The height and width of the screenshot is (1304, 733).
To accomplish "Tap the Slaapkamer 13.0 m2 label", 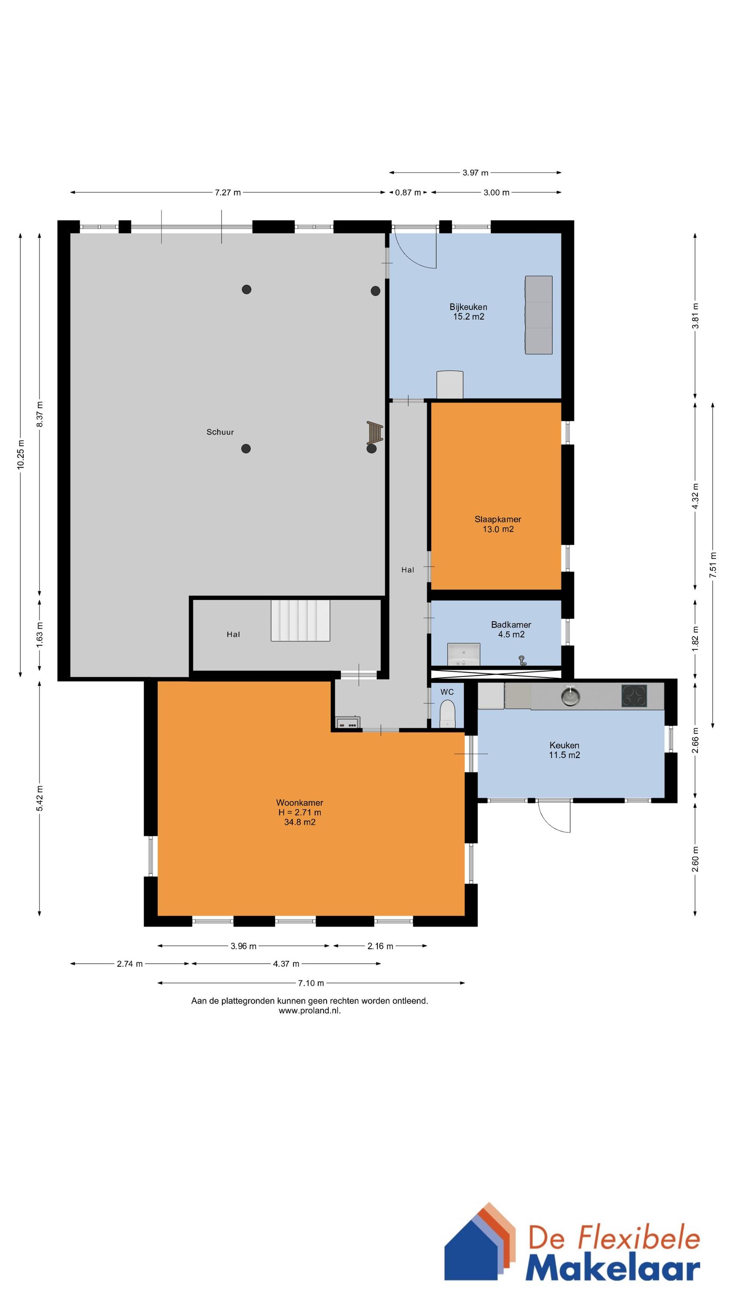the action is pos(498,524).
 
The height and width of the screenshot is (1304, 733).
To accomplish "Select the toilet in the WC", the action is pos(448,714).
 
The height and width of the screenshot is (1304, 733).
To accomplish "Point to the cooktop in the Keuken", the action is pos(634,696).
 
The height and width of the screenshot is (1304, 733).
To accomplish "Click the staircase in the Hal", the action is pos(300,621).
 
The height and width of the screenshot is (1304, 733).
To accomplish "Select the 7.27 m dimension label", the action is pos(228,193).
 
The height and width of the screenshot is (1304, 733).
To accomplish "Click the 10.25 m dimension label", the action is pos(21,455).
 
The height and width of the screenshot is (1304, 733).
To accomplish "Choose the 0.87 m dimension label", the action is pos(408,193).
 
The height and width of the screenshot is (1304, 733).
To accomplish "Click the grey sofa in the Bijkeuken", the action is pos(538,315).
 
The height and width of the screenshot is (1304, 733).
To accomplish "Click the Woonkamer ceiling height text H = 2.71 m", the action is pos(300,812).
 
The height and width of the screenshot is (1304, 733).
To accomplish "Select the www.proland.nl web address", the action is pos(310,1011).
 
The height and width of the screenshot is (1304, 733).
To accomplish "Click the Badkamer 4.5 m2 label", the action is pos(511,630).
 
